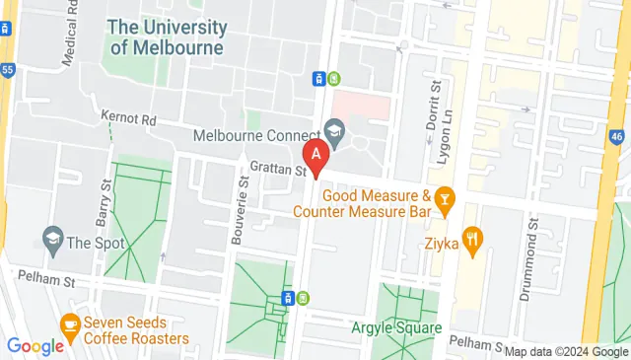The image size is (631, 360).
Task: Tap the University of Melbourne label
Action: pos(167,36)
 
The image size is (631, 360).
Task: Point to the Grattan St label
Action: pos(279,170)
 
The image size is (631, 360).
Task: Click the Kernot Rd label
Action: pos(128,118)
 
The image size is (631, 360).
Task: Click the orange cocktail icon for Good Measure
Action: pos(445,202)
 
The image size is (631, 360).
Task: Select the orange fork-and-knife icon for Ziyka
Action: pos(475,238)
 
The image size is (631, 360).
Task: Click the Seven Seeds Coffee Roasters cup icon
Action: pos(69,323)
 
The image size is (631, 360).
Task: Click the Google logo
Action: pos(35,346)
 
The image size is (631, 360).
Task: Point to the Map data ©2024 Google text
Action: pos(566,351)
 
